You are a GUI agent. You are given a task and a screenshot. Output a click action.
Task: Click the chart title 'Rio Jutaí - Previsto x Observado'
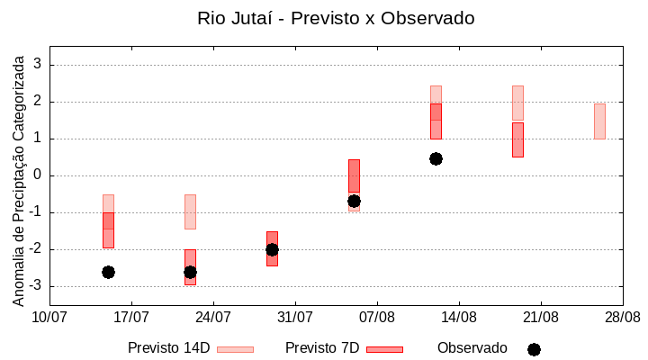pos(336,18)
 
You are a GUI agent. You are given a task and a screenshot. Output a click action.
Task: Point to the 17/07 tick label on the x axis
pos(131,317)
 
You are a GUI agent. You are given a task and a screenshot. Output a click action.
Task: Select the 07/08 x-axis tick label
pos(377,317)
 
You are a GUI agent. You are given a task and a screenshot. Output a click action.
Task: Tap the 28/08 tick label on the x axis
pos(622,317)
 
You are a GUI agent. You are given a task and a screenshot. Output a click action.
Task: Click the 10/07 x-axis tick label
pos(49,317)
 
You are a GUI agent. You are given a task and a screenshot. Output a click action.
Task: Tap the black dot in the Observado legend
pos(534,349)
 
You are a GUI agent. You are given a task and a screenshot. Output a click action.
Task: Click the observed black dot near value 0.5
pos(436,158)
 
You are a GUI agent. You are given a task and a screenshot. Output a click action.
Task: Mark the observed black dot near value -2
pos(272,249)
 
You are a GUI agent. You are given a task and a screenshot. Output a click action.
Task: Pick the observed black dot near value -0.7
pos(354,201)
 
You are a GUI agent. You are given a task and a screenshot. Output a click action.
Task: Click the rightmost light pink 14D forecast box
pos(599,121)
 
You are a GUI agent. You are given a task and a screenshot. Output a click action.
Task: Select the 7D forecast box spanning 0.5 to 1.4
pos(517,139)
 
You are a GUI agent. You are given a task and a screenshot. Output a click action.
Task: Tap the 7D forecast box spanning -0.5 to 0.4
pos(354,175)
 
